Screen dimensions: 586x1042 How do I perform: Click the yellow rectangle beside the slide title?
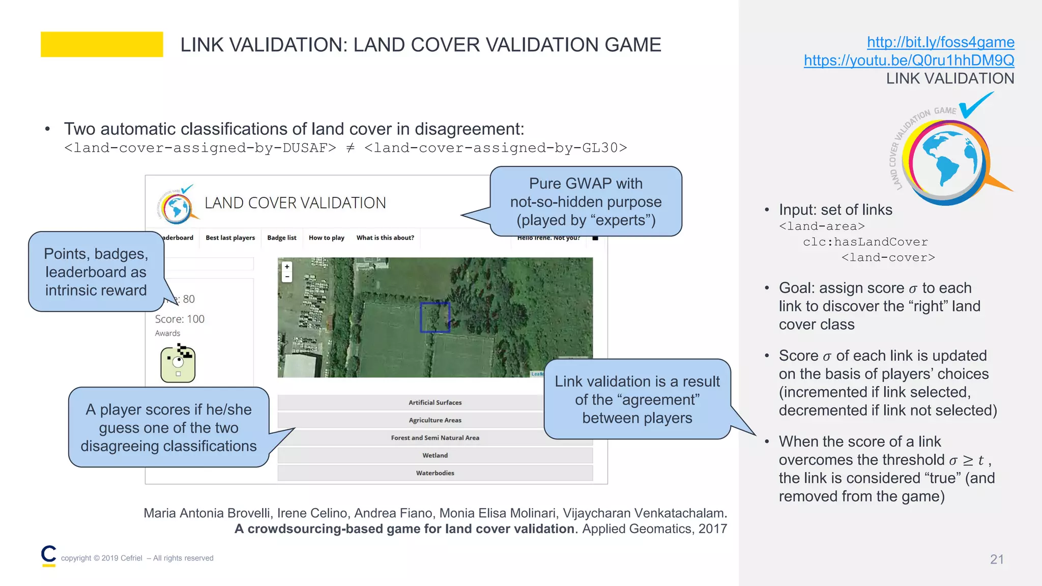click(102, 44)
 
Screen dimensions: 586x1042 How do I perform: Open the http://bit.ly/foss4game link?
click(940, 42)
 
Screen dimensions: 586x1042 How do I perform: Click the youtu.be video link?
click(909, 61)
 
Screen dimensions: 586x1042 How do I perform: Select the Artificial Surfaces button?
click(435, 402)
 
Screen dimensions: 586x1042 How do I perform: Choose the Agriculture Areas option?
click(435, 420)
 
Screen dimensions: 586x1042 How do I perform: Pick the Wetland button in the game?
click(435, 455)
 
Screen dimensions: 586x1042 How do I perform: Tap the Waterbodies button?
click(435, 473)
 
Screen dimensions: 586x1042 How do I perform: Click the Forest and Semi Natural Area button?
click(435, 437)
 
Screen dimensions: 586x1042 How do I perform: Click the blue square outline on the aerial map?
click(435, 317)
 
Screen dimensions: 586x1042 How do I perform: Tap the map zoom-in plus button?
click(287, 267)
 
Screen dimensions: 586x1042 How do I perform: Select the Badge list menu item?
click(281, 238)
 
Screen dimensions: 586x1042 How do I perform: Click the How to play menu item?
click(326, 238)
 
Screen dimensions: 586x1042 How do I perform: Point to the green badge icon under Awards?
click(178, 363)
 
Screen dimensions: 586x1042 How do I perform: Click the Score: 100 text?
click(180, 319)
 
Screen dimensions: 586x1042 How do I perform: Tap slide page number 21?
click(997, 559)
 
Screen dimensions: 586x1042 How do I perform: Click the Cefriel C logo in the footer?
click(49, 555)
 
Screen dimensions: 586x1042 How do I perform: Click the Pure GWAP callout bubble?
click(586, 201)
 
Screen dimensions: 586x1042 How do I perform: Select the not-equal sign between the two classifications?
click(350, 148)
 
